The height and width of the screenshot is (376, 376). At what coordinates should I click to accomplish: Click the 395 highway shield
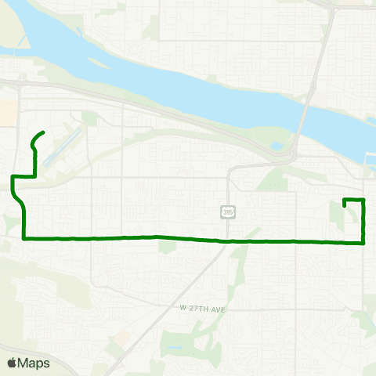click(227, 212)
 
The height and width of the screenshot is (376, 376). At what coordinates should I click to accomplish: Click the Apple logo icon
click(13, 363)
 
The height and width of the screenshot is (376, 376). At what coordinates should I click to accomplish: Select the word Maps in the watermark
click(35, 363)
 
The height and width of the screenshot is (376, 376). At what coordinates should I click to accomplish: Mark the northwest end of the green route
click(42, 132)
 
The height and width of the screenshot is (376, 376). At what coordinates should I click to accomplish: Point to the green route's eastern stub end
click(345, 204)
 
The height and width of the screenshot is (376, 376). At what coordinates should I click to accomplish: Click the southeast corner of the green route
click(364, 243)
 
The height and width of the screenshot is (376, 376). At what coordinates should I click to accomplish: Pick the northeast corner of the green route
click(364, 201)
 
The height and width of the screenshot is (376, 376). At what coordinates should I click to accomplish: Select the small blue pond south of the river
click(277, 146)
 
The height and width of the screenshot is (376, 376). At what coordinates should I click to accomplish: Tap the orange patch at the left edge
click(7, 110)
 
